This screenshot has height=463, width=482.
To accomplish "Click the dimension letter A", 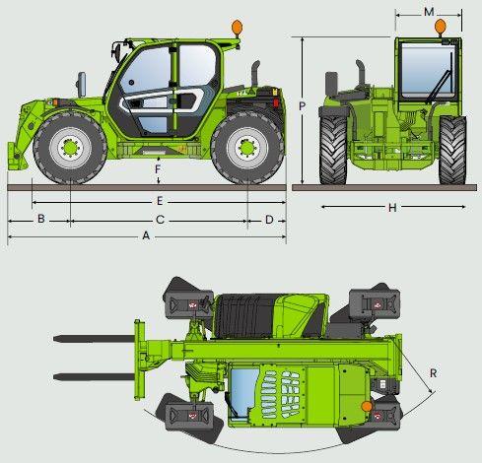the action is pos(146,235).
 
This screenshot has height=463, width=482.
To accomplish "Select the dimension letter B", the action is pos(41,219).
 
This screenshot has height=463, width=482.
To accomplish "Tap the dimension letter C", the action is pos(160,220).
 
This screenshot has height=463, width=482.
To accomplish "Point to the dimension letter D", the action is pos(269,220).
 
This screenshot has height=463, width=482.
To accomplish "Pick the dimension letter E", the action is pos(160,201).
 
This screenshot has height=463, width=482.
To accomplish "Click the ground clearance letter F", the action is pos(158,169).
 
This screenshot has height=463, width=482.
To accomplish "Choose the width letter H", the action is pos(392,208).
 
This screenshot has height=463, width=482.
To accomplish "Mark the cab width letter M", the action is pos(429,12).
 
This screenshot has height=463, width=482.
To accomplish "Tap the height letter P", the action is pos(303,106).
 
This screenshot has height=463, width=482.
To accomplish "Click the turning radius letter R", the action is pos(434,373).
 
